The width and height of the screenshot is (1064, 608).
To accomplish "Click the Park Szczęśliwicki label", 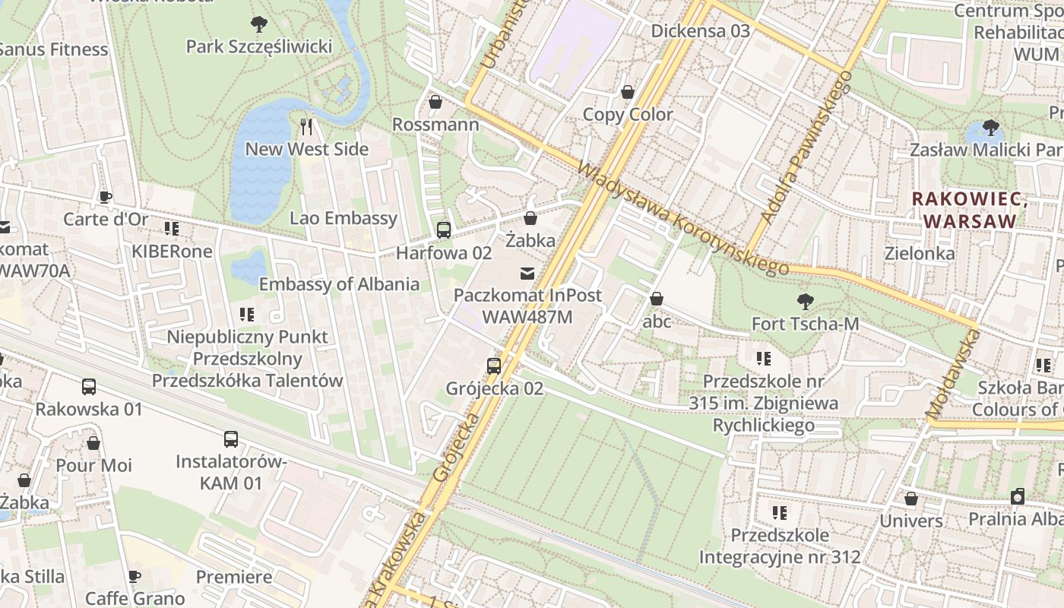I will pos(259,47).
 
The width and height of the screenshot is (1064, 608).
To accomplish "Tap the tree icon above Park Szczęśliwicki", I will pos(259,24).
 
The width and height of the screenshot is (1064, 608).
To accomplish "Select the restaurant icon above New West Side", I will pos(307,125).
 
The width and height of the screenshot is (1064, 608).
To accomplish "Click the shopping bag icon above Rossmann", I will pos(435,101).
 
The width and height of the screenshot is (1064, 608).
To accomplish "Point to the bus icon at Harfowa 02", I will pos(444,230).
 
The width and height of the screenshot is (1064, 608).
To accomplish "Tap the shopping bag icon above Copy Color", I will pos(628,92).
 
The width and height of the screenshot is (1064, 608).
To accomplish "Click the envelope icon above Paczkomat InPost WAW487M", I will pos(527,273).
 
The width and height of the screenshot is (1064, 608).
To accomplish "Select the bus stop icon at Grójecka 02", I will pos(494,366).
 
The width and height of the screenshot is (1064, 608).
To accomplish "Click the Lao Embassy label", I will pos(344,218).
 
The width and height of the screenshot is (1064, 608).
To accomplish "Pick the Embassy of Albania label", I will pos(339,284).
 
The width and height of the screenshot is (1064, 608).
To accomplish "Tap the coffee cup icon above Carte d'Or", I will pos(106,198).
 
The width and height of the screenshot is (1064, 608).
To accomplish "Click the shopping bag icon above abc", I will pos(657,299).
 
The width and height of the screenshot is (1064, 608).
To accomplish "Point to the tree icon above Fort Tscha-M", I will pos(805,302).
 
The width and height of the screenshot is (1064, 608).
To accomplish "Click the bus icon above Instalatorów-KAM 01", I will pos(231,439).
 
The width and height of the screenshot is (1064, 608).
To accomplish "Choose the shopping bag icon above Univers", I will pos(910,499).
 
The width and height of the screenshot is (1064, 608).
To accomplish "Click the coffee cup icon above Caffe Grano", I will pos(135,576).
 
